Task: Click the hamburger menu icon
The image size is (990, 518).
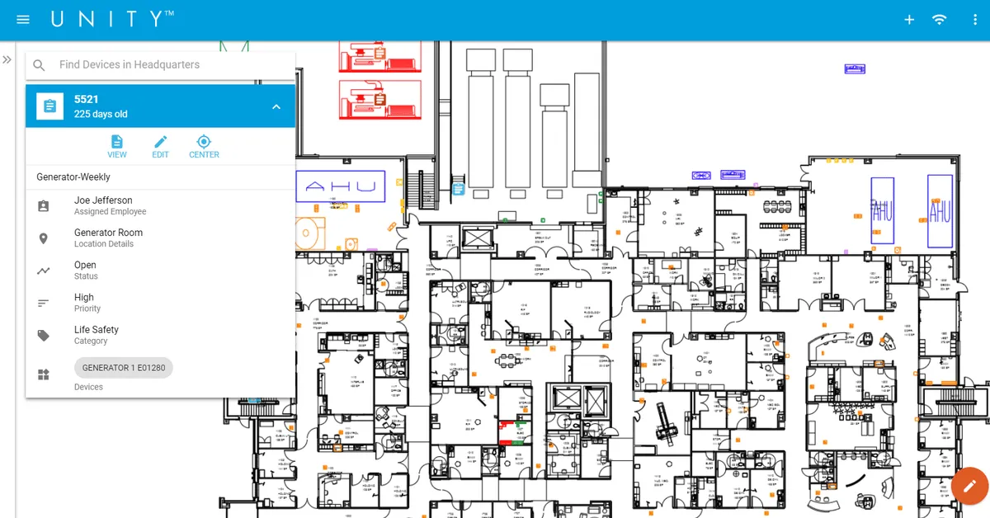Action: pos(23,20)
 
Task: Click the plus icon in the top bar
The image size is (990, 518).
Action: pos(909,20)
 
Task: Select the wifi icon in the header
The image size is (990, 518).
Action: pos(939,20)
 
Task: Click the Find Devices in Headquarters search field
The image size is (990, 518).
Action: pos(165,64)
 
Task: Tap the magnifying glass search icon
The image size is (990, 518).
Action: pos(39,65)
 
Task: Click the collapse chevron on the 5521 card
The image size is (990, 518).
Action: pos(276,106)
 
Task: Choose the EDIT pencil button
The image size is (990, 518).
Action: pos(160,147)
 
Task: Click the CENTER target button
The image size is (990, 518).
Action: pos(204,147)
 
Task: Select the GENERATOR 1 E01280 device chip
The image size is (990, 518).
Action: pos(124,368)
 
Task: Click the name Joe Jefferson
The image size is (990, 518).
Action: pos(103,200)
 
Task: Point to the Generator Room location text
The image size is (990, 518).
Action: pos(108,233)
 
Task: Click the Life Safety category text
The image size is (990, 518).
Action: pos(97,330)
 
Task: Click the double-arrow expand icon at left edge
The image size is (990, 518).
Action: pos(7,60)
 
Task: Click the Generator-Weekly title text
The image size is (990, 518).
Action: pos(73,177)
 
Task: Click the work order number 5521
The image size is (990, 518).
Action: pos(87,99)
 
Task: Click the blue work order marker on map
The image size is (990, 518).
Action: pos(458,189)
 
